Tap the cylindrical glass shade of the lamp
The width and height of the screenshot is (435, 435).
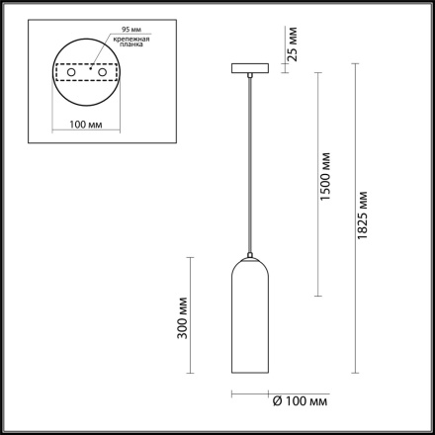tap(249, 326)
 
